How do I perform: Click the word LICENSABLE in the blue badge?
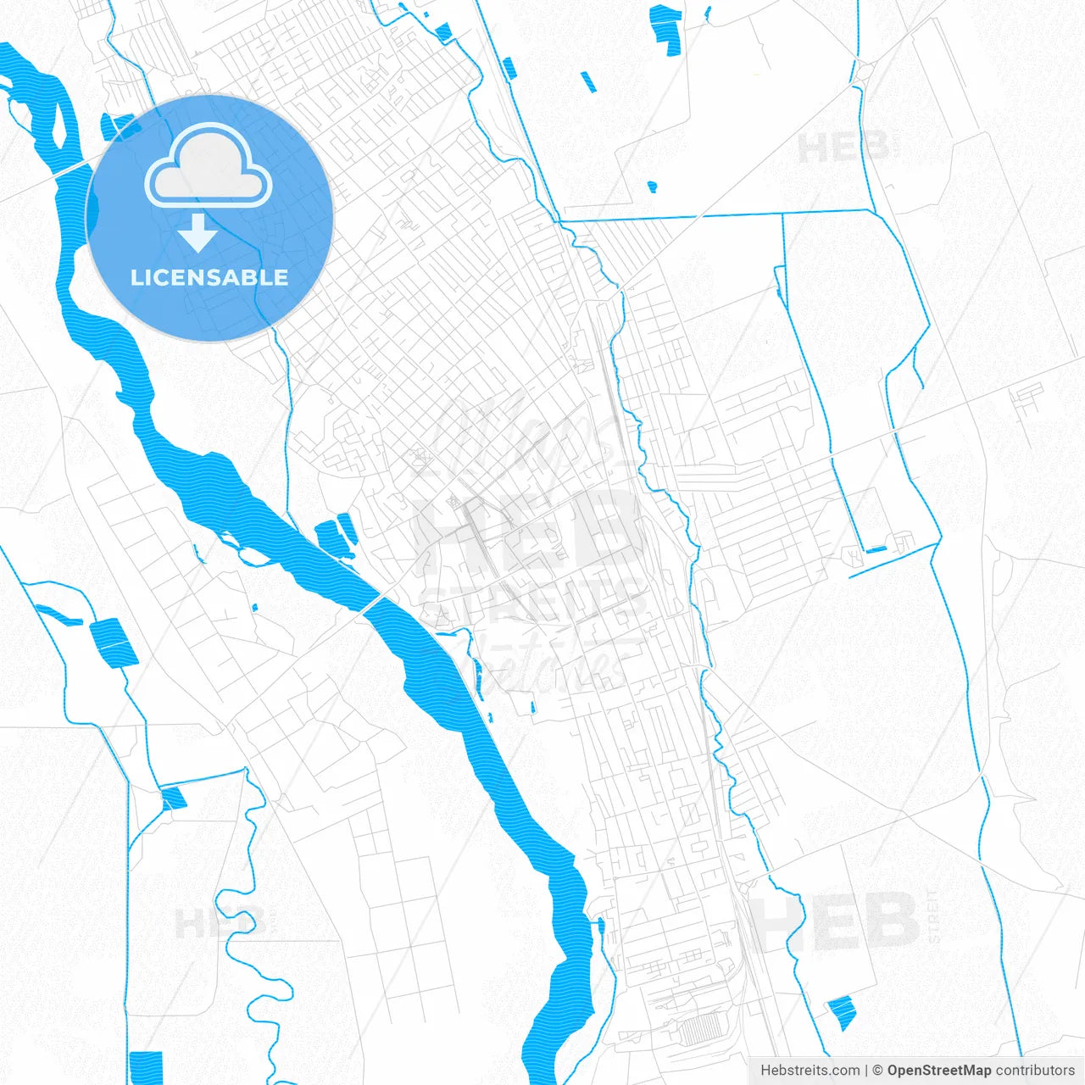(x=209, y=277)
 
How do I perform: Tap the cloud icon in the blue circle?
(x=209, y=167)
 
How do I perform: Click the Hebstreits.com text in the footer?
(x=810, y=1071)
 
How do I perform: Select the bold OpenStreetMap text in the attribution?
(x=938, y=1071)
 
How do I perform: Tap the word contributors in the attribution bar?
(x=1034, y=1071)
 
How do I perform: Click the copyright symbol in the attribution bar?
(x=878, y=1071)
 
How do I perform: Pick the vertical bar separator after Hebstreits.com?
(x=866, y=1071)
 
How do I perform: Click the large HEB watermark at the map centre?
(x=526, y=530)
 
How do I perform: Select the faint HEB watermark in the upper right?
(x=843, y=149)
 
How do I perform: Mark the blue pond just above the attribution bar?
(x=842, y=1013)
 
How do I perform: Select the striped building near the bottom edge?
(x=698, y=1031)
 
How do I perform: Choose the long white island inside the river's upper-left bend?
(x=59, y=119)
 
